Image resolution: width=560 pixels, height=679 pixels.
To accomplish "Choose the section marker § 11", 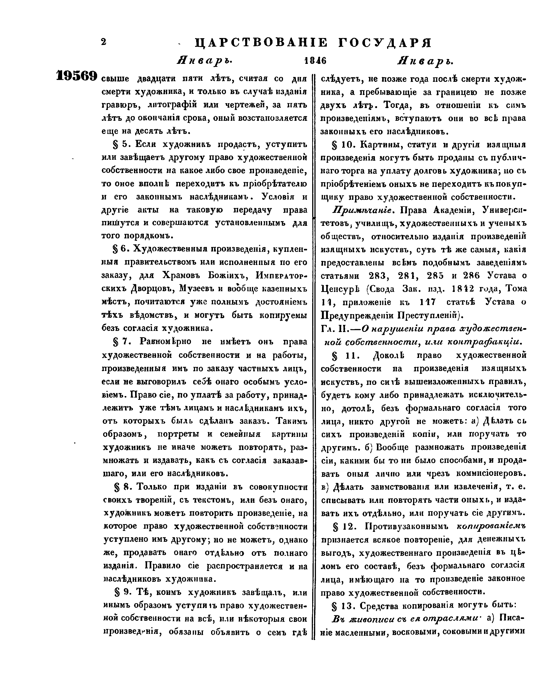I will [343, 355].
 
